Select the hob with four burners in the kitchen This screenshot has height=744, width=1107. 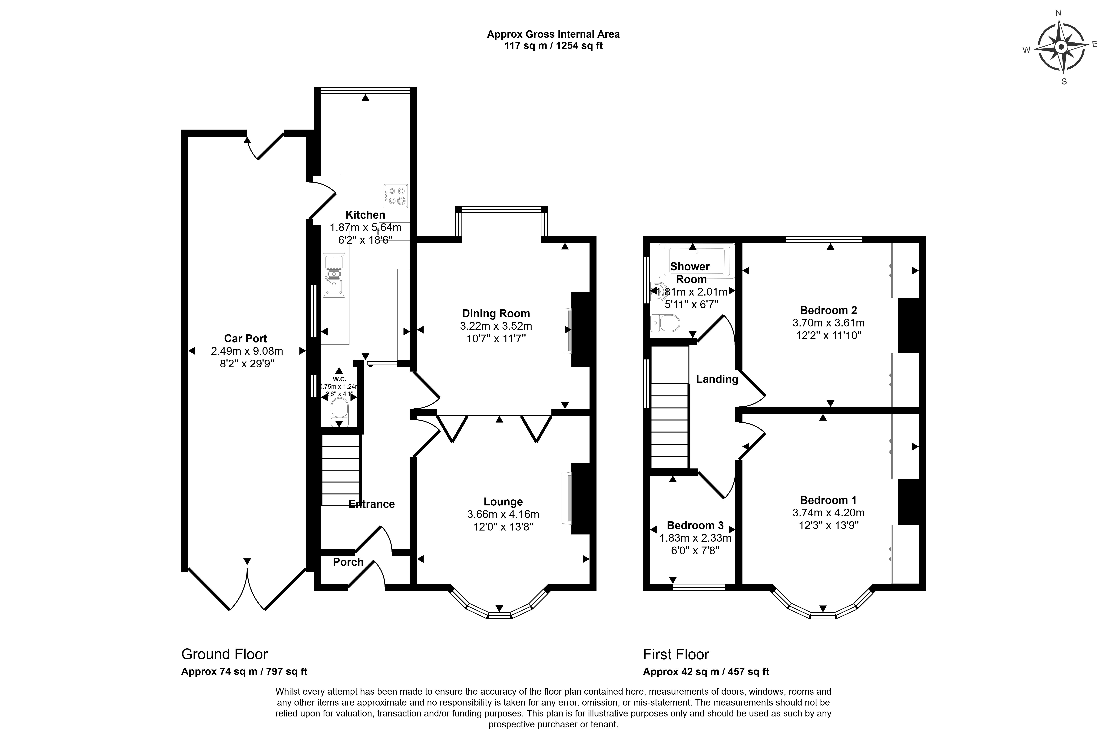(396, 196)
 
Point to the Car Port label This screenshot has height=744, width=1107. (245, 338)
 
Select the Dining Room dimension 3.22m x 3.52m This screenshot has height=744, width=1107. (496, 326)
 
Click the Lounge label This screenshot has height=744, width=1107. (503, 501)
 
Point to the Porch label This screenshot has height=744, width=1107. (348, 562)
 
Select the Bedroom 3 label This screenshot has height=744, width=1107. (695, 525)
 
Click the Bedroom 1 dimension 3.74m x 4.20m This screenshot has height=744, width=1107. (828, 512)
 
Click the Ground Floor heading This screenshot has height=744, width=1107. (224, 654)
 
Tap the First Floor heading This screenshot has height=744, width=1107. (676, 654)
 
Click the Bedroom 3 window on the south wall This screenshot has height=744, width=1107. (699, 587)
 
